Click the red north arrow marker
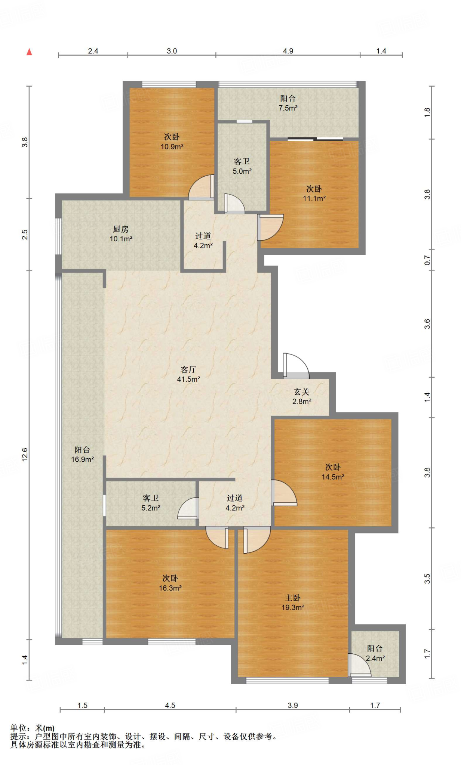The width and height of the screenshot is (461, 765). [x=29, y=52]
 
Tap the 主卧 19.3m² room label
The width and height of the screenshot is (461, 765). [x=293, y=603]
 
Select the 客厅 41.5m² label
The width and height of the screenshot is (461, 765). [x=188, y=374]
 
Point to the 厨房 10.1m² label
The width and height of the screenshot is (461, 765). [x=121, y=234]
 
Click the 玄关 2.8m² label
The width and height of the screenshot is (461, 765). [x=302, y=396]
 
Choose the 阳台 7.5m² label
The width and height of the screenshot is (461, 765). [x=288, y=103]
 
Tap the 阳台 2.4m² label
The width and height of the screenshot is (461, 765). [x=375, y=653]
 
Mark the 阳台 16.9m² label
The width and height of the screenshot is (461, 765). [x=82, y=455]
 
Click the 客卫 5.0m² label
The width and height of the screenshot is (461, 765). [x=242, y=166]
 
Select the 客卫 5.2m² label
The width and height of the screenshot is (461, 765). [x=151, y=503]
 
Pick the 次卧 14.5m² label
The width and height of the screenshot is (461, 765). [x=333, y=472]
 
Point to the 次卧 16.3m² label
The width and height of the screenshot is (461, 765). [x=170, y=583]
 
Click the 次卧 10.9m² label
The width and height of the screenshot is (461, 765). [x=172, y=142]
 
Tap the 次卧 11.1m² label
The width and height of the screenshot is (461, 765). [x=314, y=193]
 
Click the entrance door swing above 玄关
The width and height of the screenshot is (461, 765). [x=296, y=366]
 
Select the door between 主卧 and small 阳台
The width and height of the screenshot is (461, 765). [x=360, y=665]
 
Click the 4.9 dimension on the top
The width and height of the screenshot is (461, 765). [x=288, y=51]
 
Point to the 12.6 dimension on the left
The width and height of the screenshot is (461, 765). [x=25, y=455]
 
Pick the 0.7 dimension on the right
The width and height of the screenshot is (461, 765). [x=427, y=260]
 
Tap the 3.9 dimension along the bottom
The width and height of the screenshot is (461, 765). [x=293, y=705]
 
